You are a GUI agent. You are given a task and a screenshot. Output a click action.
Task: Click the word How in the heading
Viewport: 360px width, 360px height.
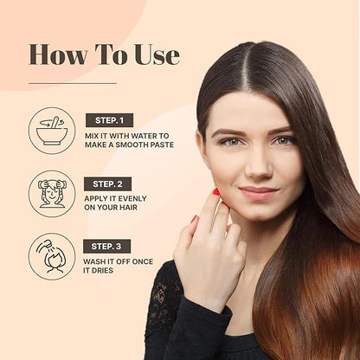58,55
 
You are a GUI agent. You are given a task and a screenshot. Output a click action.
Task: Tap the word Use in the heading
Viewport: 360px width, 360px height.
157,55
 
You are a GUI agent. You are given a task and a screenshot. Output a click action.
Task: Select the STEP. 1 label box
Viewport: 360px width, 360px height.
109,120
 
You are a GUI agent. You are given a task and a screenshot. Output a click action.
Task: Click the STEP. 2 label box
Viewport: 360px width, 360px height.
107,183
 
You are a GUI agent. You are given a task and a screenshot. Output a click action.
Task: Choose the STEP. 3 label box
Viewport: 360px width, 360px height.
106,247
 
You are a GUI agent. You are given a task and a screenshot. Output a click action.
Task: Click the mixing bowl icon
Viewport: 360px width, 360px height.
52,131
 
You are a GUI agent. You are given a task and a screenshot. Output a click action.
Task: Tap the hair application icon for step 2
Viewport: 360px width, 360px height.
52,194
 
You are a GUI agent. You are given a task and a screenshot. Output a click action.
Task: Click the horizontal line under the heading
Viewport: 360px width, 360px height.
73,84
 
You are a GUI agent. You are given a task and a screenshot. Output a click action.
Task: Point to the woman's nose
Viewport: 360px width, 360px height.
258,166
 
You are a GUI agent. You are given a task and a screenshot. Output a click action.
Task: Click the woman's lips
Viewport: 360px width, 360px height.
258,192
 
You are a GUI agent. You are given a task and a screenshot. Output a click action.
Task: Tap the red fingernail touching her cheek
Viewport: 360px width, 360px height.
215,192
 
